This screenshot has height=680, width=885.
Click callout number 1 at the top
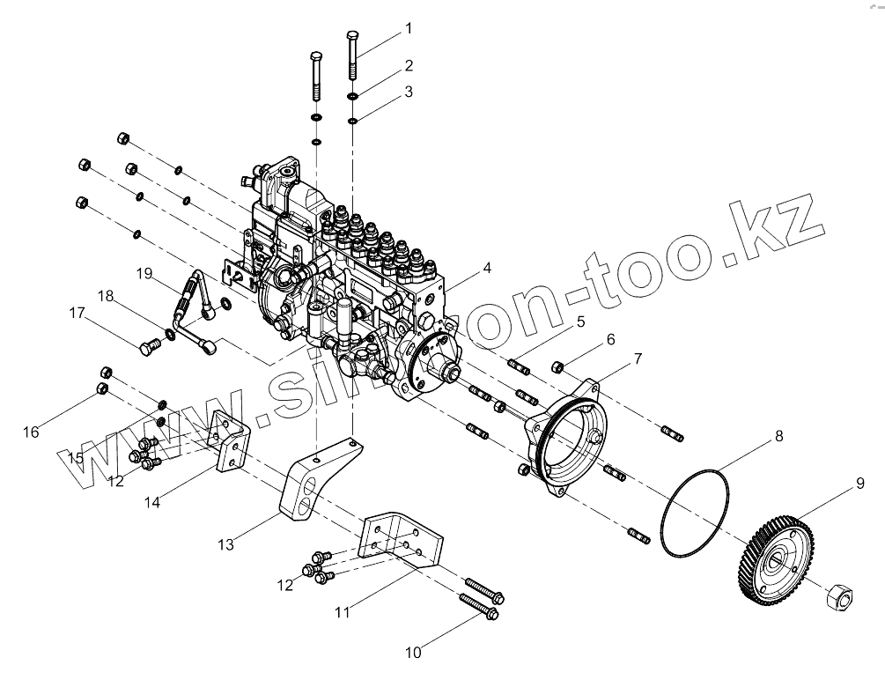pos(408,28)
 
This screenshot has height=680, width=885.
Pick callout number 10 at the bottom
pos(413,652)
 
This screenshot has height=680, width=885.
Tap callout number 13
pos(226,544)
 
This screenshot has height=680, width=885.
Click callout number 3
pos(408,91)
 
